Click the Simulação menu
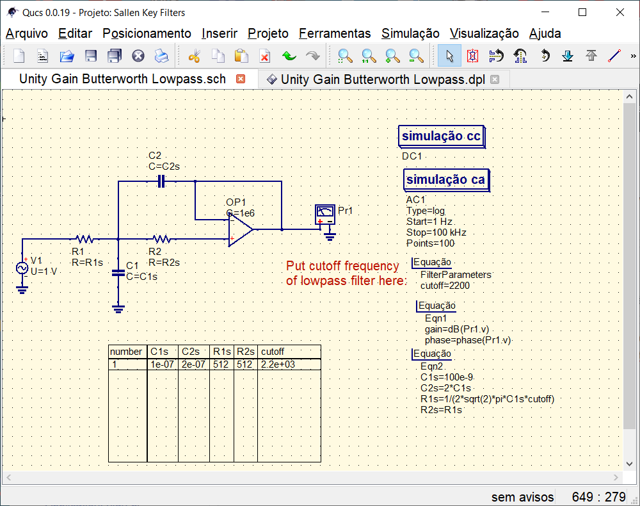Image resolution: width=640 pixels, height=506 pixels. [x=410, y=33]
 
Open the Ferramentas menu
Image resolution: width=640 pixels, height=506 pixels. [x=335, y=33]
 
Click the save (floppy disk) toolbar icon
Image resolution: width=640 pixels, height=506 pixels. [x=91, y=56]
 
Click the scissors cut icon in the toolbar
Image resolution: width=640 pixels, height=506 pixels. [x=194, y=56]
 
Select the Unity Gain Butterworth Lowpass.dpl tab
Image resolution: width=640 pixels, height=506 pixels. [x=382, y=79]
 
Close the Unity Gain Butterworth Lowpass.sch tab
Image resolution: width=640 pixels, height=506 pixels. [x=241, y=79]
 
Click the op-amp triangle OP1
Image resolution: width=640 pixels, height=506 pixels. [x=240, y=229]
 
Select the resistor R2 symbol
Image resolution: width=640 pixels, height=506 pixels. [x=162, y=239]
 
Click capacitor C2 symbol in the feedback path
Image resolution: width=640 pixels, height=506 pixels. [x=161, y=181]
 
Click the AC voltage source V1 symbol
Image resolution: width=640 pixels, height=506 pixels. [x=22, y=268]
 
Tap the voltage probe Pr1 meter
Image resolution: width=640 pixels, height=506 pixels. [x=325, y=215]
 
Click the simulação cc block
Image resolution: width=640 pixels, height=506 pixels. [x=440, y=136]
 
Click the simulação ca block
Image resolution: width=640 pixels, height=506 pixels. [x=445, y=180]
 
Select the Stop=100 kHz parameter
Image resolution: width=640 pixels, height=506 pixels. [x=436, y=232]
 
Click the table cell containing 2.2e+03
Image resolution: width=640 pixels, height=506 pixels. [x=278, y=364]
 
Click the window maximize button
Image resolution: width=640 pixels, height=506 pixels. [x=582, y=12]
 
